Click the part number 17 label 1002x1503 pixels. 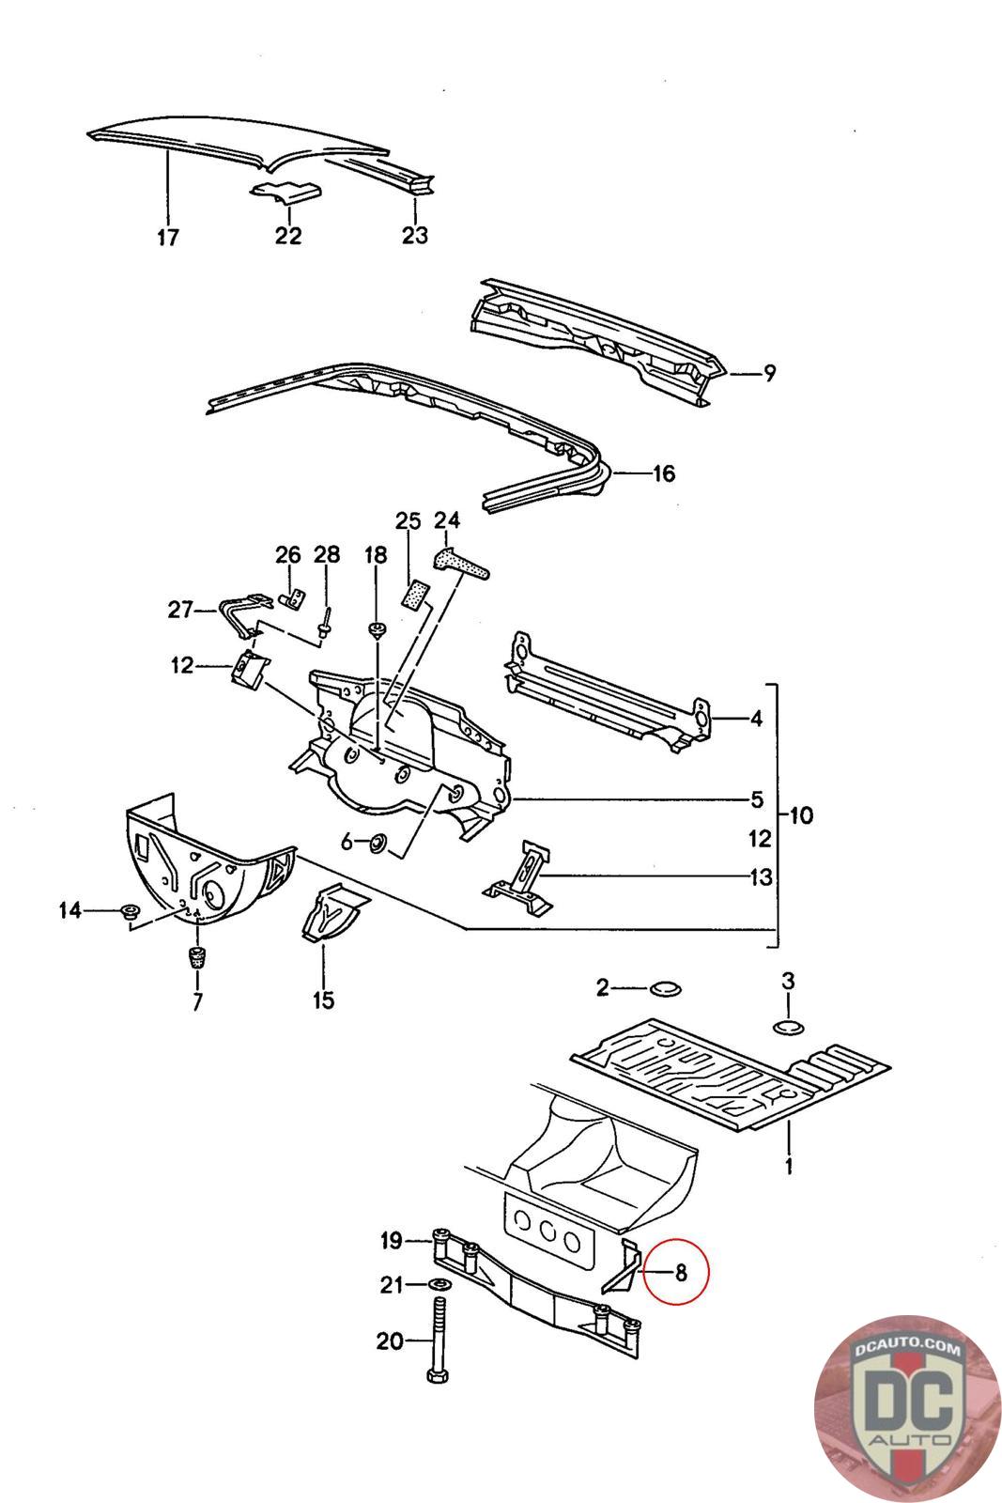tap(168, 237)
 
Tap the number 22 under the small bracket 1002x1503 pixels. tap(288, 236)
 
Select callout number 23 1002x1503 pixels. tap(414, 235)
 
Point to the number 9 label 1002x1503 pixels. tap(769, 372)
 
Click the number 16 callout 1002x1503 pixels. tap(663, 473)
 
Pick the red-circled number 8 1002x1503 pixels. tap(681, 1272)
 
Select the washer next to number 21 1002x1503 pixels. tap(439, 1285)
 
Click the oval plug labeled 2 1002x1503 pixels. tap(665, 988)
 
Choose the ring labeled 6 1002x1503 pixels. tap(379, 842)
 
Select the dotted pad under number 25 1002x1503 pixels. tap(416, 594)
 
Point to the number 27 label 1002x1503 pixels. tap(180, 610)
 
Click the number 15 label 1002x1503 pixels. tap(323, 999)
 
